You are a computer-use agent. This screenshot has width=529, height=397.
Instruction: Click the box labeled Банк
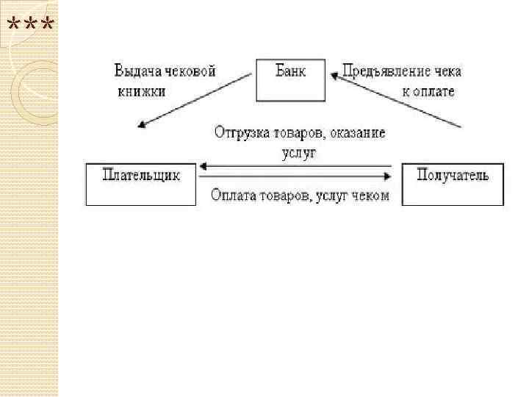point(290,79)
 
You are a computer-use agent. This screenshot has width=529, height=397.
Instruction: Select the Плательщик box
point(141,185)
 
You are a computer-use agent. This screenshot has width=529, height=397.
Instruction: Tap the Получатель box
point(453,185)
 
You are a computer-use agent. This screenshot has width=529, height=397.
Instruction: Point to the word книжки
point(141,92)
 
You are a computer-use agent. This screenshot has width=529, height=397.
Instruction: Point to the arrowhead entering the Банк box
point(333,74)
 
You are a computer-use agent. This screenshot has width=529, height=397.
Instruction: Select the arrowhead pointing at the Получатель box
point(389,176)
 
